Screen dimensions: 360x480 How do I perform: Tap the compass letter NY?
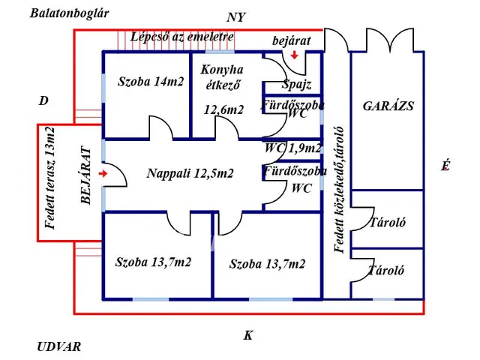point(237,17)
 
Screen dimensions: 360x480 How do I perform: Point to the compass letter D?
point(44,99)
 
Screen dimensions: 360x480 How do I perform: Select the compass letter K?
point(248,335)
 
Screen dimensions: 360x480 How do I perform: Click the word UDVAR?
point(58,347)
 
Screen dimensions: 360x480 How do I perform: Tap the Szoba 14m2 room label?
point(151,82)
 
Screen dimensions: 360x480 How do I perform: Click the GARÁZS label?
point(388,106)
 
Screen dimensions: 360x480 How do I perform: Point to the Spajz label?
point(296,85)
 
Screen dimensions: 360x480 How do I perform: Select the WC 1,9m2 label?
point(292,148)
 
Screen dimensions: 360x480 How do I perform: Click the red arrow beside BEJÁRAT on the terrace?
point(102,173)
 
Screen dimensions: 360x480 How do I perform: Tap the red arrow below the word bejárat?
point(295,55)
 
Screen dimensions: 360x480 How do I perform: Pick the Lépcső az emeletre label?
point(181,36)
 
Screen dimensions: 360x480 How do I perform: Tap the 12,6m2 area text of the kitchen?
point(223,110)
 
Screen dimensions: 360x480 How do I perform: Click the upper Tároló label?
point(387,223)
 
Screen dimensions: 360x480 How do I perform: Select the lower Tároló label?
point(387,271)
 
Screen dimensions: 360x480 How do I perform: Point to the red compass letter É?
point(445,167)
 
